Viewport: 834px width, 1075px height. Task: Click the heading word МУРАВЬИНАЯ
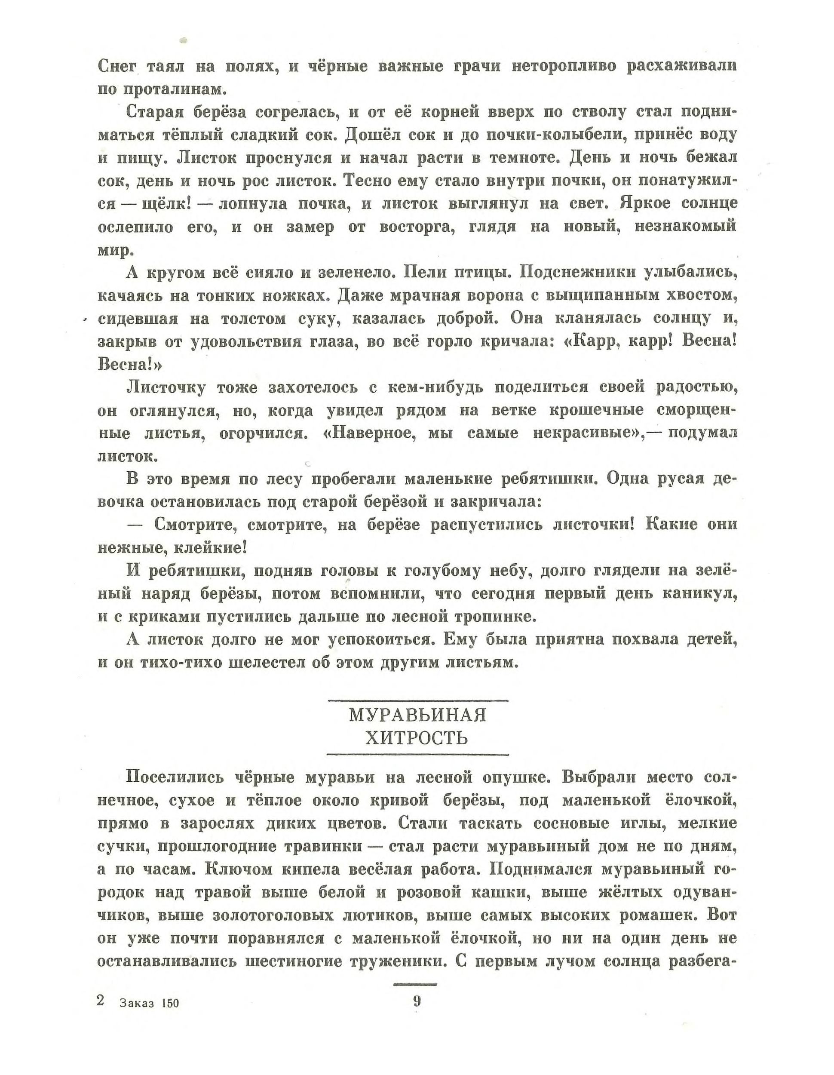(417, 715)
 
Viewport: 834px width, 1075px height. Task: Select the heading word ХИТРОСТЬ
(417, 738)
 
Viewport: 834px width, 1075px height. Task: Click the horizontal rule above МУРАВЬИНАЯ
(417, 700)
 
